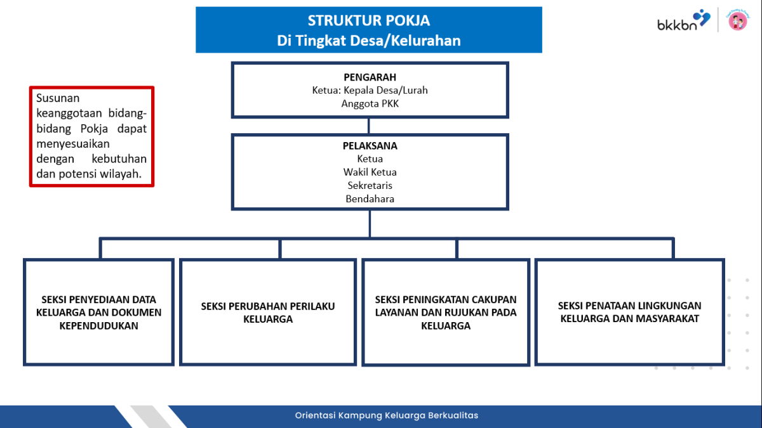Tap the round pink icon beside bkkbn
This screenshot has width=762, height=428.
pos(737,22)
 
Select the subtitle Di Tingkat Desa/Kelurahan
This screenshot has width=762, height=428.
pos(368,41)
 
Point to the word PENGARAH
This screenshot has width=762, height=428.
pos(370,77)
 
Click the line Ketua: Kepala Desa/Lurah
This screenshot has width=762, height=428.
pos(370,90)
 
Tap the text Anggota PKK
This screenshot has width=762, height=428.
pos(370,103)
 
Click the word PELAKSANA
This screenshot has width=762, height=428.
pos(370,146)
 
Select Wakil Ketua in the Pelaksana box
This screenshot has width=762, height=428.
pos(370,172)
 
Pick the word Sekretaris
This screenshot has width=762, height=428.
pos(370,185)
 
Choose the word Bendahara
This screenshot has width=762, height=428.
pos(370,198)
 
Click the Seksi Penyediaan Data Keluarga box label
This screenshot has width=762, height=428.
pos(98,313)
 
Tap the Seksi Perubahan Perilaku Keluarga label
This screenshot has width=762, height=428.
pos(267,313)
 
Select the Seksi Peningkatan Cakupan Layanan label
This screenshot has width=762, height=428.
pos(445,313)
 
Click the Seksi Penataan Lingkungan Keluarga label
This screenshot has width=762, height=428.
pos(629,313)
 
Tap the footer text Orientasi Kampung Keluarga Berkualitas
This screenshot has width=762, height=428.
pos(386,415)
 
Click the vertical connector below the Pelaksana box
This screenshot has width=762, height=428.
pos(370,224)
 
